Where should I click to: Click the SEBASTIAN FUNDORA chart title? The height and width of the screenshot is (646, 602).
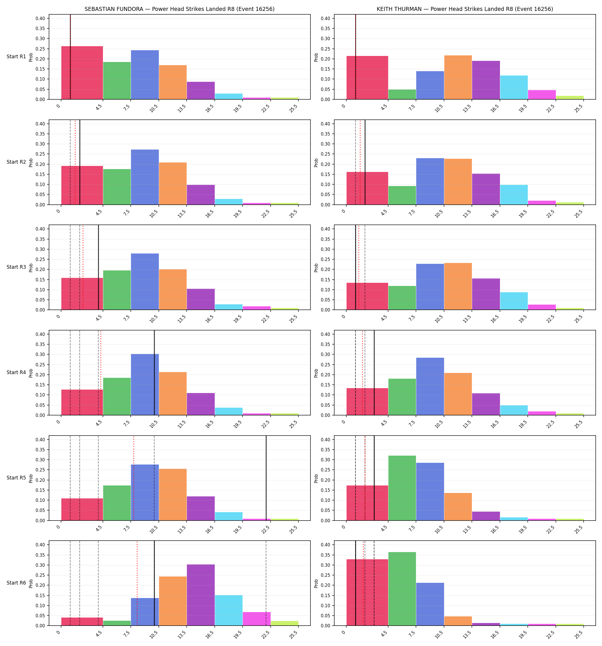click(x=179, y=9)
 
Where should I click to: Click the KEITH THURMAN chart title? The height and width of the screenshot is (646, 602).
click(x=465, y=9)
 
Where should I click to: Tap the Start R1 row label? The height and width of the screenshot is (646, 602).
click(x=16, y=57)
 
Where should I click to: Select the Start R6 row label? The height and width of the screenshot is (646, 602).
click(x=16, y=583)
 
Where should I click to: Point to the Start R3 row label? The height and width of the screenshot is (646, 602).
click(x=16, y=267)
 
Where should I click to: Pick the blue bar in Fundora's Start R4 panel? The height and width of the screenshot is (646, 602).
click(x=145, y=384)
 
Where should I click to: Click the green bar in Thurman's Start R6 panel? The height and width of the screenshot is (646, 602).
click(x=402, y=589)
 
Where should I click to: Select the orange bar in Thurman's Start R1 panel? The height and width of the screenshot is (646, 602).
click(x=458, y=77)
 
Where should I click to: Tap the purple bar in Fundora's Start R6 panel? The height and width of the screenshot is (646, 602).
click(x=201, y=595)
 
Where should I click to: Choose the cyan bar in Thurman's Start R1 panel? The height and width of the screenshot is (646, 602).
click(x=514, y=87)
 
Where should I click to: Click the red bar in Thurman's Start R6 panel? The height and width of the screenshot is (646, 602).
click(x=368, y=592)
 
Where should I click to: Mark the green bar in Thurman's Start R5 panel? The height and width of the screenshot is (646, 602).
click(x=402, y=488)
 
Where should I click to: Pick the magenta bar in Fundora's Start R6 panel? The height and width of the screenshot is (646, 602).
click(x=256, y=619)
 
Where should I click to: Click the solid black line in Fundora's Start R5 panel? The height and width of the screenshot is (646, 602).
click(x=266, y=478)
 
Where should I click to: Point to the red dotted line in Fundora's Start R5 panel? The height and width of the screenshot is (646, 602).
click(x=134, y=478)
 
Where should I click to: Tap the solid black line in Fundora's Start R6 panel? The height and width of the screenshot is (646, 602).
click(x=154, y=583)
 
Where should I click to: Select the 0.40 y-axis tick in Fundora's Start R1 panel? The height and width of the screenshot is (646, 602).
click(x=40, y=19)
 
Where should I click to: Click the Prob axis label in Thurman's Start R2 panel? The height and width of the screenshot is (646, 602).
click(x=316, y=163)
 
